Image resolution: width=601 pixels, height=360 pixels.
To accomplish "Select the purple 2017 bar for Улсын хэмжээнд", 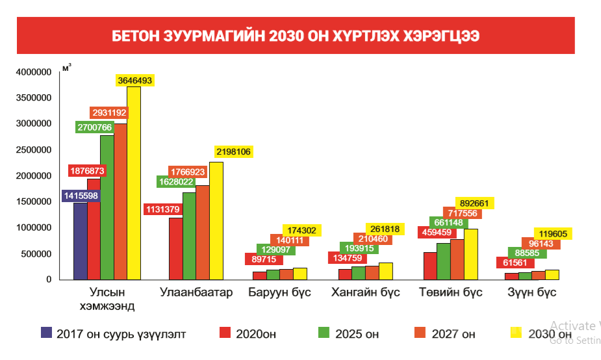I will click(80, 240).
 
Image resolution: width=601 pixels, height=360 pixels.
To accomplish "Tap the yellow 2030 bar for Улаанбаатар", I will click(216, 221).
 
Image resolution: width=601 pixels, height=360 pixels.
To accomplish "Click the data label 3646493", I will click(134, 81).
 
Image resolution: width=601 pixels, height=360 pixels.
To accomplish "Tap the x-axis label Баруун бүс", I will click(279, 292).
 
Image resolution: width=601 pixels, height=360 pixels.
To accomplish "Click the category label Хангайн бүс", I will click(365, 292).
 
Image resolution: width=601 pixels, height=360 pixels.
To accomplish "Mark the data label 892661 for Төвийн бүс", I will click(475, 203).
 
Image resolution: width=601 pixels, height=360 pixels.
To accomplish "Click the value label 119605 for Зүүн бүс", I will click(553, 234).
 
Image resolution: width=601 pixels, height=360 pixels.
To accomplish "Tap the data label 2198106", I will click(232, 152).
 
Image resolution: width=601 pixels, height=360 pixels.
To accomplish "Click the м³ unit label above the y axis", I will click(66, 67).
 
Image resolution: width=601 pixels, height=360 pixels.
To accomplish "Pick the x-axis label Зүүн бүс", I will click(532, 292).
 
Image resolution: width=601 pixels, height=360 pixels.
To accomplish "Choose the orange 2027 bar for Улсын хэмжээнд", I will click(120, 201).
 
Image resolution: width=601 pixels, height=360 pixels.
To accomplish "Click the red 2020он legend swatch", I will click(225, 333).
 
